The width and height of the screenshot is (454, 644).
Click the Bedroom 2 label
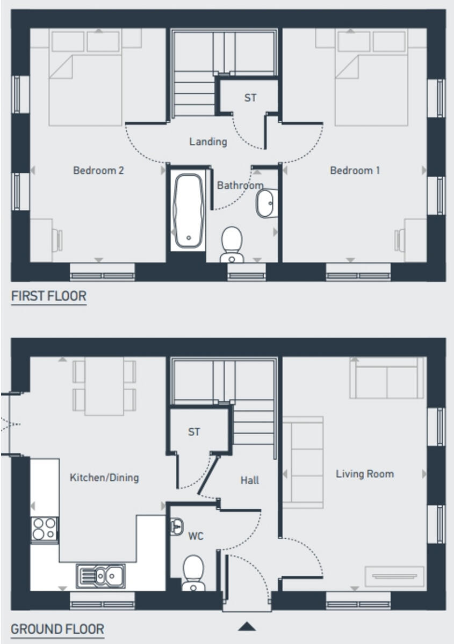tap(98, 171)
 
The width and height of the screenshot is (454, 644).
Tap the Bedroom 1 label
tap(355, 171)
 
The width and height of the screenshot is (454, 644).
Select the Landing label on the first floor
tap(208, 142)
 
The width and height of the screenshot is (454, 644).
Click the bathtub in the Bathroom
tap(189, 211)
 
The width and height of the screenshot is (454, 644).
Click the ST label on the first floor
tap(250, 98)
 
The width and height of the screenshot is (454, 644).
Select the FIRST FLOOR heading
tap(49, 296)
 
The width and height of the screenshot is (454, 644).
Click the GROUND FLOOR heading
tap(57, 629)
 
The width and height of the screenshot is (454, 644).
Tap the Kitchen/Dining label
tap(104, 477)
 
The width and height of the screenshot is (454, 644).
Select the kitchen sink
tap(100, 576)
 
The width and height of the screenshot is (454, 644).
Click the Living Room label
tap(365, 474)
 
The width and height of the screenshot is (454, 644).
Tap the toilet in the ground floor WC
tap(193, 572)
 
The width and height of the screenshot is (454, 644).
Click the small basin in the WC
tap(177, 527)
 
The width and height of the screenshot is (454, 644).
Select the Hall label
tap(249, 480)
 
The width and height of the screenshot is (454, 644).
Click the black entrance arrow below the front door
tap(247, 626)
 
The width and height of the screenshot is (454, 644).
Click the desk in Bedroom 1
tap(414, 235)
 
